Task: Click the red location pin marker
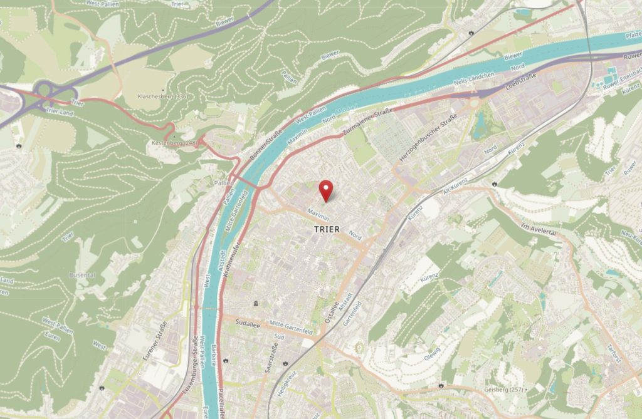point(326,190)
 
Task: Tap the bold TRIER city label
point(327,230)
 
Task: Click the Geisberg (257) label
point(505,390)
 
